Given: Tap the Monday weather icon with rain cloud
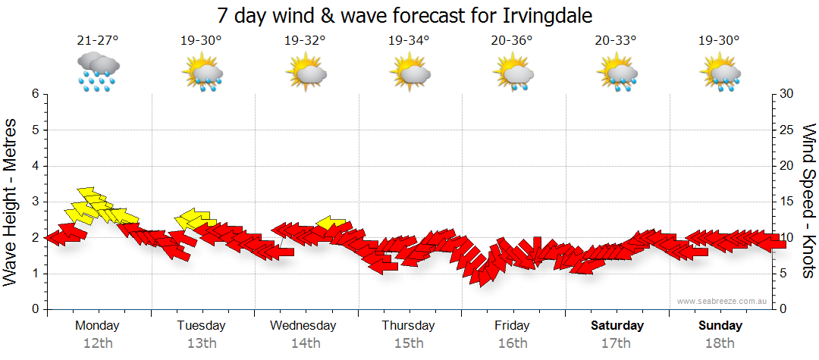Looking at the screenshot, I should (x=98, y=72).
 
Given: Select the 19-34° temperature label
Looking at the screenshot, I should (x=409, y=41).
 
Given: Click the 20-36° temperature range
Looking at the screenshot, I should (x=512, y=41).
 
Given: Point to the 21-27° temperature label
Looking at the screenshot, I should (x=98, y=41).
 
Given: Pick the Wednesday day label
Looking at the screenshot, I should (x=303, y=326).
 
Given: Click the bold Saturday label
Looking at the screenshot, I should (x=617, y=326).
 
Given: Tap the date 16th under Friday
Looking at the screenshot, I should (x=513, y=343).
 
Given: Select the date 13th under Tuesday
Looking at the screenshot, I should (x=201, y=343).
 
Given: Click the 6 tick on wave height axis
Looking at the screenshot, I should (x=35, y=94).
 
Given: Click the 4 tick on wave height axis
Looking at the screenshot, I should (x=35, y=166).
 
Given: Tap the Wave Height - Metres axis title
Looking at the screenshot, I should (x=11, y=201).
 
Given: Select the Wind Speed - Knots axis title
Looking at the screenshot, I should (x=808, y=201).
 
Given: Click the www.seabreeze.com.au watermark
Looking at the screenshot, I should (x=723, y=301).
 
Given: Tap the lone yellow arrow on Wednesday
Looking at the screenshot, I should (x=331, y=223).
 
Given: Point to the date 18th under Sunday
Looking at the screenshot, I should (x=720, y=343).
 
